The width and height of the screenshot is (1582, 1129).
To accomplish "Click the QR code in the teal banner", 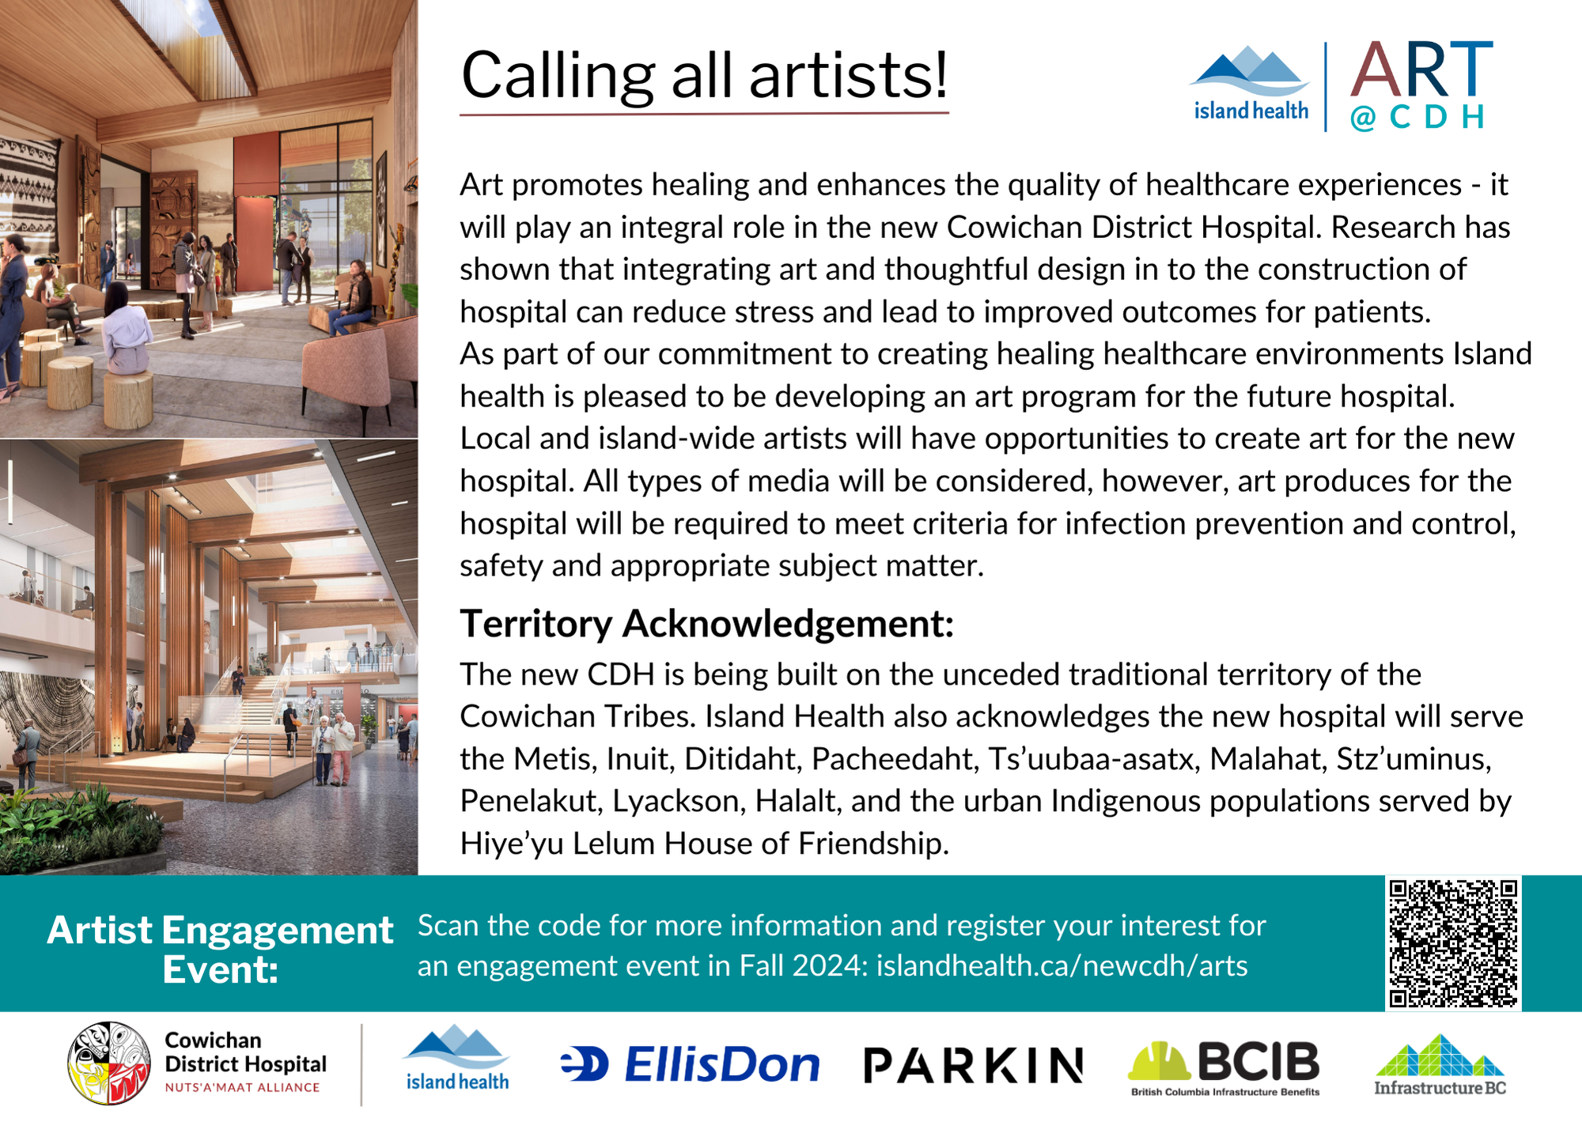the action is [1453, 943].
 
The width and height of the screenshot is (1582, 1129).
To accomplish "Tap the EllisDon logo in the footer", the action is [690, 1064].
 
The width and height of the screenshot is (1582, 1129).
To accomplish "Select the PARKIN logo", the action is [973, 1065].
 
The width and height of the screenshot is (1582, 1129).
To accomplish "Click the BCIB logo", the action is [1224, 1067].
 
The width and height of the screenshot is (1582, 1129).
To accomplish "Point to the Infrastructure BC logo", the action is [1440, 1065].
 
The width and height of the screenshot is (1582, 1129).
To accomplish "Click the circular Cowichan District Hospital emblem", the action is [109, 1063].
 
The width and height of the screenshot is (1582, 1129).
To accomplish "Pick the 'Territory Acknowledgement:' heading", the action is [707, 623].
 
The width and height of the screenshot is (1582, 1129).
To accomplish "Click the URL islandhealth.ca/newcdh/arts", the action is [1062, 965].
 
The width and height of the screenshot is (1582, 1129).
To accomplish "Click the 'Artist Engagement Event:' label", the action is [220, 949].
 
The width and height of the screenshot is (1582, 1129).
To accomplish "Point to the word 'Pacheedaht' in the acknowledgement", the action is [892, 759].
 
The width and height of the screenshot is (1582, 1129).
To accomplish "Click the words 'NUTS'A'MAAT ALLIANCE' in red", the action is [242, 1088].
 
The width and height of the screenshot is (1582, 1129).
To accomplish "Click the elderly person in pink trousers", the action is [341, 747].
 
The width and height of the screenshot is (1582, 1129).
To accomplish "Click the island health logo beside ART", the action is [1251, 83].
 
